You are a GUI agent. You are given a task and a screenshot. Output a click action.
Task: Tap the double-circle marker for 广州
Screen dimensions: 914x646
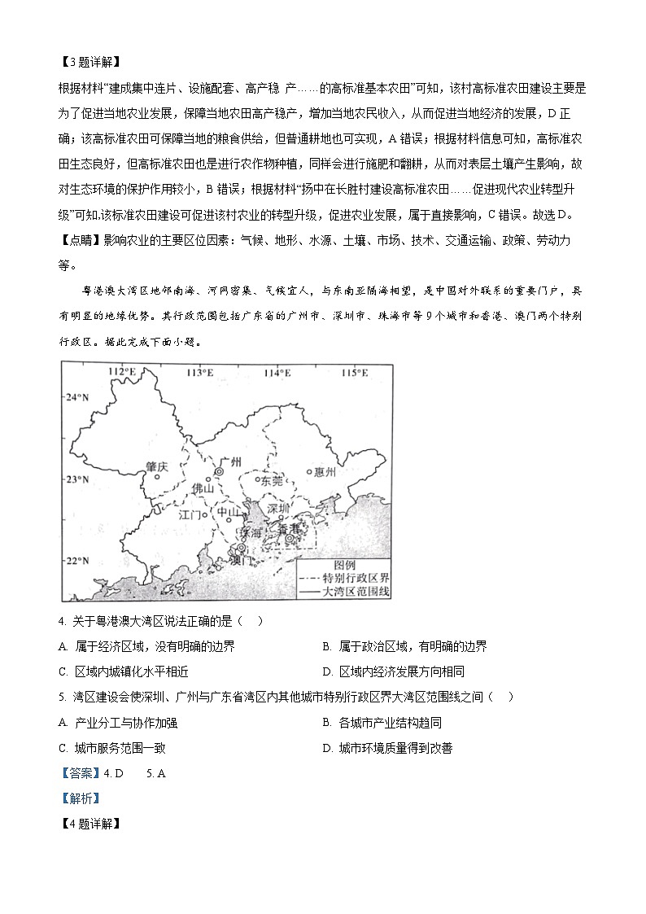(218, 472)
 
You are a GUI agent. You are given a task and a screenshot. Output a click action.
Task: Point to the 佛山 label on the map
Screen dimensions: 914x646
(202, 488)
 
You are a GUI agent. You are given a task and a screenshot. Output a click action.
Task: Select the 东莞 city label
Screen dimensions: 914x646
(271, 481)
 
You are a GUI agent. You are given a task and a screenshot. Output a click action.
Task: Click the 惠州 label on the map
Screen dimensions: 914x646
(325, 470)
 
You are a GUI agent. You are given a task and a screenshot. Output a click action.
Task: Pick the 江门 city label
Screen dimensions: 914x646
(190, 514)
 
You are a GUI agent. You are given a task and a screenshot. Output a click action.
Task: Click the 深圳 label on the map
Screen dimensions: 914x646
(278, 509)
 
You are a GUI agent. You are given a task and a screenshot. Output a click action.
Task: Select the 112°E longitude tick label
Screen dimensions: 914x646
(122, 373)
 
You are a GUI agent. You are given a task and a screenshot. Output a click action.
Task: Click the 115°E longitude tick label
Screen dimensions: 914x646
(353, 373)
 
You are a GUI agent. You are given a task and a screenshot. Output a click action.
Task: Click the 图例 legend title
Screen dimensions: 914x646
(345, 565)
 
